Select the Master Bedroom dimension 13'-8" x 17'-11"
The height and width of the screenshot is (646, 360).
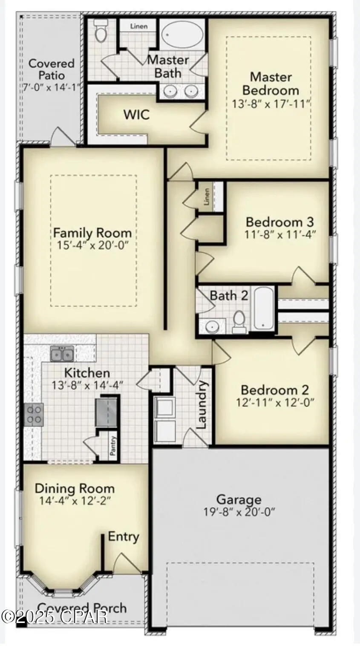click(271, 104)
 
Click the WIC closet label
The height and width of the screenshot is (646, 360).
click(136, 114)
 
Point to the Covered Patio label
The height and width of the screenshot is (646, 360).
click(52, 69)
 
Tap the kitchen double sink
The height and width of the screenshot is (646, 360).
click(62, 354)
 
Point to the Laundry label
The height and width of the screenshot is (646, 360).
click(202, 405)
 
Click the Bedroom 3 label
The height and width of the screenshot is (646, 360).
click(280, 222)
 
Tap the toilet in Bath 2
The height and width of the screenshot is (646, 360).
click(239, 321)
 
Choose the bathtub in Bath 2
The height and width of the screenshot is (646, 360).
click(263, 308)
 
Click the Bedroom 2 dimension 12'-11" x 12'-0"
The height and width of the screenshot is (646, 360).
click(275, 402)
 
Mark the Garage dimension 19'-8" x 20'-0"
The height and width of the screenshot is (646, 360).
click(239, 512)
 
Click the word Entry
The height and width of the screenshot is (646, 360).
click(124, 536)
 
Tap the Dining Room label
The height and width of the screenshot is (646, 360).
click(75, 488)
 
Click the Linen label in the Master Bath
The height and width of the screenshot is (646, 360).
click(139, 26)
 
